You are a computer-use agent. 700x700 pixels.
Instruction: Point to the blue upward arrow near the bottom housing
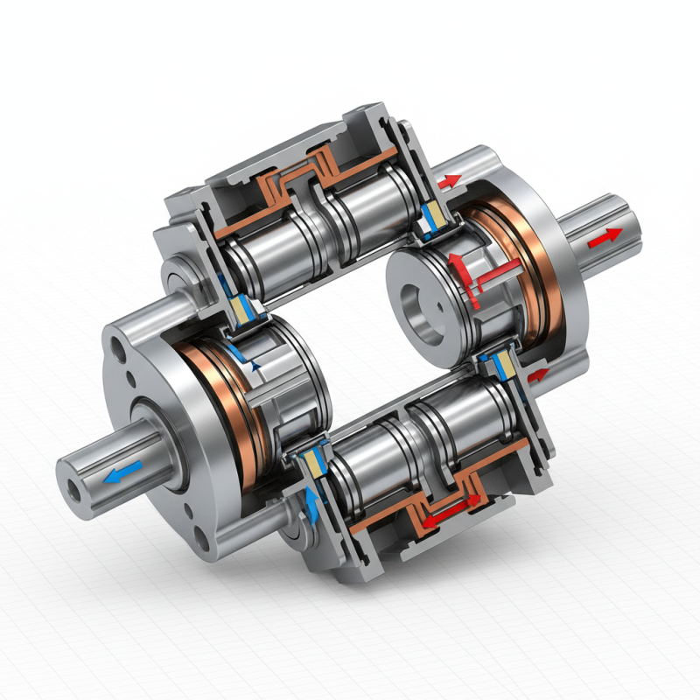pyautogui.click(x=312, y=500)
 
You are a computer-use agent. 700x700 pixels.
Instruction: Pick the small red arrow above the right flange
pyautogui.click(x=450, y=181)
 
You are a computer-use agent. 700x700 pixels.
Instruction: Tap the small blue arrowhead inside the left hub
pyautogui.click(x=255, y=368)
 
